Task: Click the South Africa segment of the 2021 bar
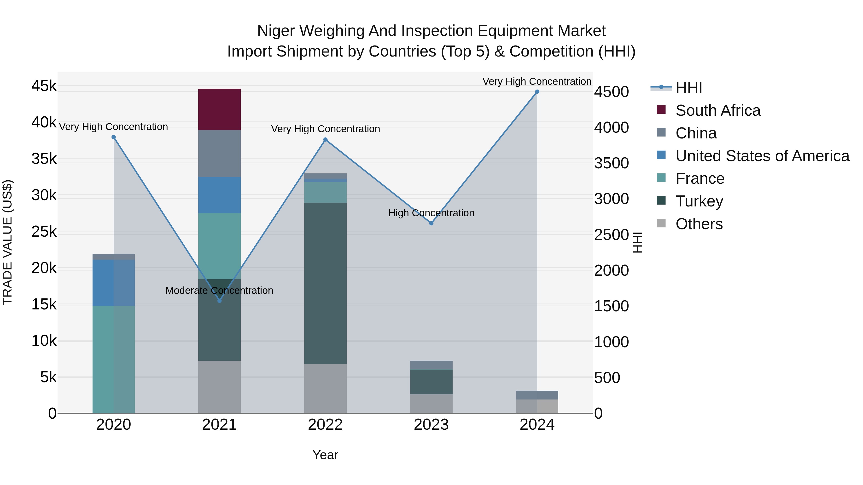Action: click(x=219, y=109)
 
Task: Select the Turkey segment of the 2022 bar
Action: click(x=325, y=283)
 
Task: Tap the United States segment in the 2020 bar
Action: click(x=114, y=283)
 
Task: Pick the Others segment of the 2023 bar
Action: click(x=431, y=403)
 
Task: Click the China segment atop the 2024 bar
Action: click(x=537, y=395)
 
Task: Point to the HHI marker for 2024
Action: click(x=537, y=92)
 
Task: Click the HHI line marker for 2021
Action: click(x=219, y=301)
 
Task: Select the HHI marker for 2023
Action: click(x=431, y=223)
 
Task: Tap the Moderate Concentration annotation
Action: click(x=219, y=291)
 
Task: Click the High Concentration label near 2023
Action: click(x=431, y=213)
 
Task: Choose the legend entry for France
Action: click(x=700, y=178)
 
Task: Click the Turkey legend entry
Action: click(x=699, y=201)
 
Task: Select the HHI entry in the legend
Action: click(x=688, y=88)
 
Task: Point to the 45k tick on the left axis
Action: click(x=44, y=86)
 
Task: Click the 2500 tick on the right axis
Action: click(x=611, y=235)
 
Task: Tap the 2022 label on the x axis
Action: click(x=325, y=425)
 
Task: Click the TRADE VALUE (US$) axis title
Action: click(x=7, y=242)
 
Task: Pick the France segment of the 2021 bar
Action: click(x=219, y=246)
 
